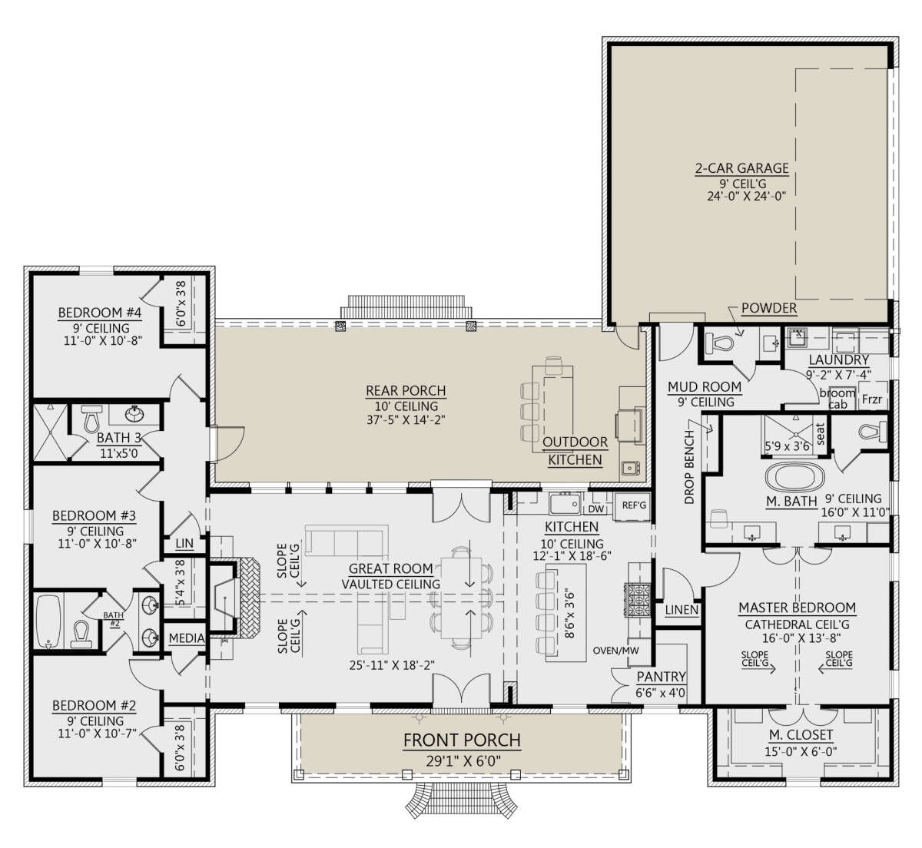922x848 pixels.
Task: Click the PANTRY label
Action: point(660,677)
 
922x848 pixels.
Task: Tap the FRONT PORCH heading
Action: point(462,740)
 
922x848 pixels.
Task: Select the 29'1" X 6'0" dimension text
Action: point(463,760)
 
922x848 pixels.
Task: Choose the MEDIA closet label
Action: point(186,638)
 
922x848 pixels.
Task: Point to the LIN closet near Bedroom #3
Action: point(184,543)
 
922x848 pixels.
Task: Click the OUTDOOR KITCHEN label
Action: point(575,451)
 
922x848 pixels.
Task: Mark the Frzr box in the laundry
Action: point(871,399)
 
